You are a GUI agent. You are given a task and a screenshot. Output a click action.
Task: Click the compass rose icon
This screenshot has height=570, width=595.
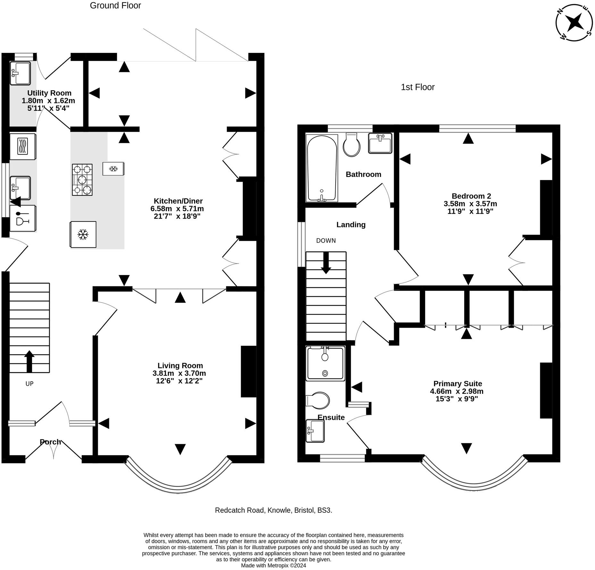pos(574,23)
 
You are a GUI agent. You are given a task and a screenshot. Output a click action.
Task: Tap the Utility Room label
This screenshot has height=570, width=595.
pos(49,93)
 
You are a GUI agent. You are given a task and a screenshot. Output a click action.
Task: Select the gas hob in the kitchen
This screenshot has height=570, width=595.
pos(82,180)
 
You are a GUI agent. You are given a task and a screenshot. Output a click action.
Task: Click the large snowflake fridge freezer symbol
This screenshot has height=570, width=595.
pos(83,235)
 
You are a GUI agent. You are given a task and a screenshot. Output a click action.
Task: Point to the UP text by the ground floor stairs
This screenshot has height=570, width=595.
pos(29,384)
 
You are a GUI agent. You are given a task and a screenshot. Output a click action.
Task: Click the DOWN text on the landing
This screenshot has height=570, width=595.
pos(326,241)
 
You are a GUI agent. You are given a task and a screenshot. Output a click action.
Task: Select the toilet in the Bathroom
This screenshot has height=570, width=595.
pos(351,145)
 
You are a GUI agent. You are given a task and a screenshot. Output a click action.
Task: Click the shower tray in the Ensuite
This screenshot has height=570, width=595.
pos(325,364)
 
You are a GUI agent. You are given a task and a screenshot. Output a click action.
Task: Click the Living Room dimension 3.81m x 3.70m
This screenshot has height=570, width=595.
pos(179,373)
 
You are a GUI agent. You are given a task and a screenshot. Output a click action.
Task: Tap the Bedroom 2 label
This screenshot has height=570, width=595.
pos(471,196)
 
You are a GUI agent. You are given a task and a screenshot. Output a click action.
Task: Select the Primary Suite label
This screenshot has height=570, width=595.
pos(457,384)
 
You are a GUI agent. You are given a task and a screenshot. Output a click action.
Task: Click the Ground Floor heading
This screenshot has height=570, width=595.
pos(115,5)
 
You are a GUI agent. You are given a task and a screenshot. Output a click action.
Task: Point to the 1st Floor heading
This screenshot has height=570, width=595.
pos(417,87)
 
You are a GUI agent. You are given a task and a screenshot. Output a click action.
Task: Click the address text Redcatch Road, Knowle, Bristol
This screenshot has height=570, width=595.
pos(273,510)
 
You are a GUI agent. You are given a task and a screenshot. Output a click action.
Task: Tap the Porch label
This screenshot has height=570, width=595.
pos(50,442)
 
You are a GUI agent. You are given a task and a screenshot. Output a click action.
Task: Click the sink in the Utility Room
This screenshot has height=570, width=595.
pos(20,73)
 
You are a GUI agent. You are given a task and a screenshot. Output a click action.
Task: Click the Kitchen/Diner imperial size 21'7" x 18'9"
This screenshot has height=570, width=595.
pos(177,216)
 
